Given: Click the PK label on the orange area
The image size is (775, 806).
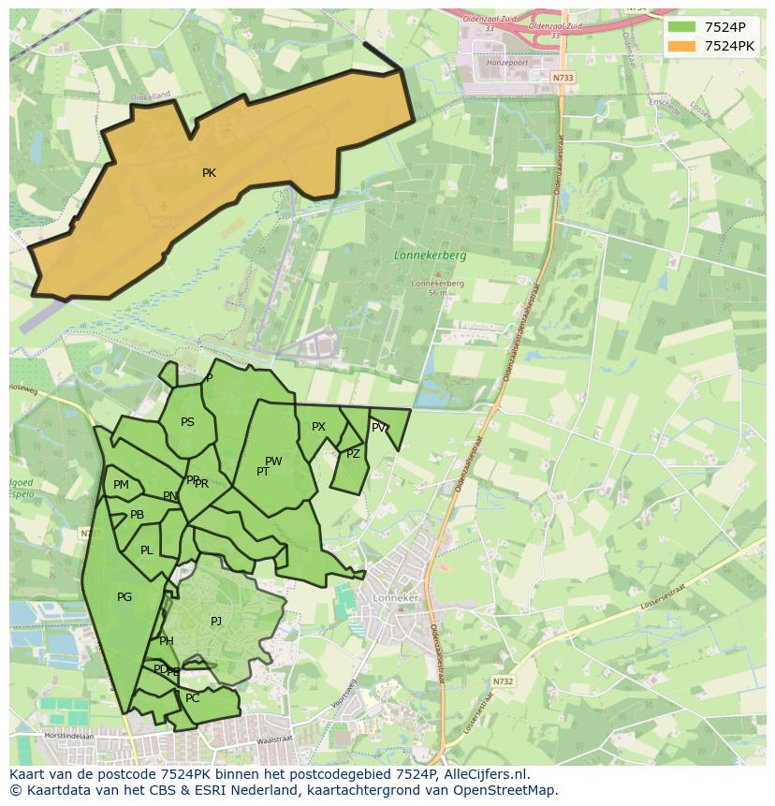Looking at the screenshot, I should click(x=209, y=173).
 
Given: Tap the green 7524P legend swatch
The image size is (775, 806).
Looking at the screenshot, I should click(x=682, y=27).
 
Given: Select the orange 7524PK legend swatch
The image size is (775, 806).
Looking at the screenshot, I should click(x=682, y=46).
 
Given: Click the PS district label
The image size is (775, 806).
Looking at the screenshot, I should click(x=187, y=422).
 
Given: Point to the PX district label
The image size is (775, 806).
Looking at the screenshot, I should click(x=318, y=427).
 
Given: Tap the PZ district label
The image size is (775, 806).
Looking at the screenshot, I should click(x=353, y=454).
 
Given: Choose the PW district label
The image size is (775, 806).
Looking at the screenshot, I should click(x=273, y=462).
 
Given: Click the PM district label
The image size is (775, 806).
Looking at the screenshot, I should click(x=121, y=485).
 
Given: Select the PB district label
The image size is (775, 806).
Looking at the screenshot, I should click(x=137, y=515).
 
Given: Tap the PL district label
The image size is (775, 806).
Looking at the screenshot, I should click(x=146, y=550).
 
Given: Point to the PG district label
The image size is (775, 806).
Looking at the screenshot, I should click(x=124, y=597).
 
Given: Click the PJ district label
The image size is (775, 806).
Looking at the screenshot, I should click(x=216, y=621).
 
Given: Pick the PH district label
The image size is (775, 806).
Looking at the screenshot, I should click(x=167, y=641).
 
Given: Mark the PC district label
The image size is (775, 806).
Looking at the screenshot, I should click(x=193, y=698).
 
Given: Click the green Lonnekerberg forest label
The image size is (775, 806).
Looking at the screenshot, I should click(x=430, y=255).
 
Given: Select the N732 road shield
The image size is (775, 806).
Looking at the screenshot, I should click(x=503, y=681).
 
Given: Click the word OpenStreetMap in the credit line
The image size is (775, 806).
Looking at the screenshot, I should click(x=510, y=790).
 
